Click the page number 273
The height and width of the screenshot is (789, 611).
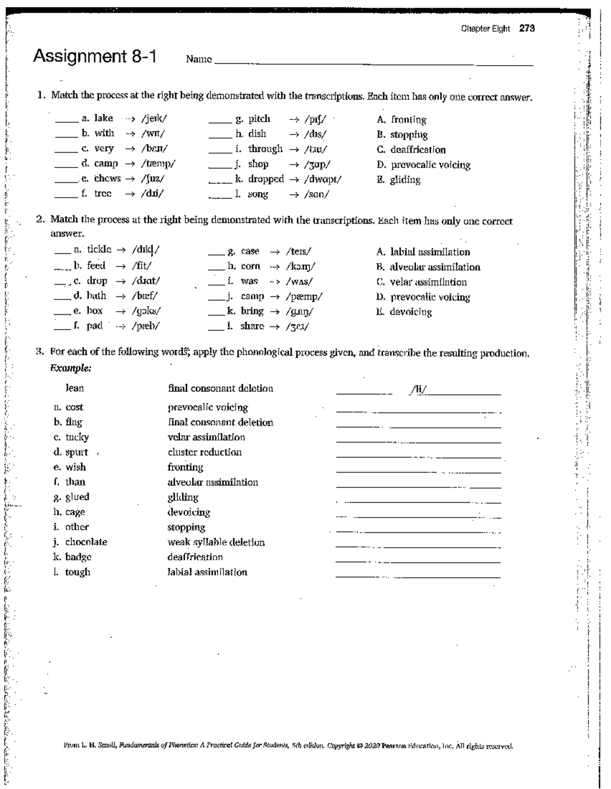[526, 29]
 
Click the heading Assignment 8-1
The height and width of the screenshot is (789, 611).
[95, 56]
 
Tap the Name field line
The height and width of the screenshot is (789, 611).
[374, 64]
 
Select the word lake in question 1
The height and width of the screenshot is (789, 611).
[103, 119]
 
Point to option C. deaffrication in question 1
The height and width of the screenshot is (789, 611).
[411, 150]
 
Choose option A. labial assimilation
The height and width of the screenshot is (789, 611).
[423, 252]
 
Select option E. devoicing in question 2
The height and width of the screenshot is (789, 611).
[404, 312]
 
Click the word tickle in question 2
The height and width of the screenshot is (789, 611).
[99, 250]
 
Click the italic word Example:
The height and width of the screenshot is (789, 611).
[71, 368]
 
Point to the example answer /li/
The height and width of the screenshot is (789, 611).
[419, 389]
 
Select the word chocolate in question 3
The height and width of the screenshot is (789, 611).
[86, 542]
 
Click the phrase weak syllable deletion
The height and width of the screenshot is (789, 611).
[216, 542]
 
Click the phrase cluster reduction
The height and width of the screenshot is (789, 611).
[205, 452]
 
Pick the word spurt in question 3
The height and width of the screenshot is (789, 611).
[76, 452]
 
